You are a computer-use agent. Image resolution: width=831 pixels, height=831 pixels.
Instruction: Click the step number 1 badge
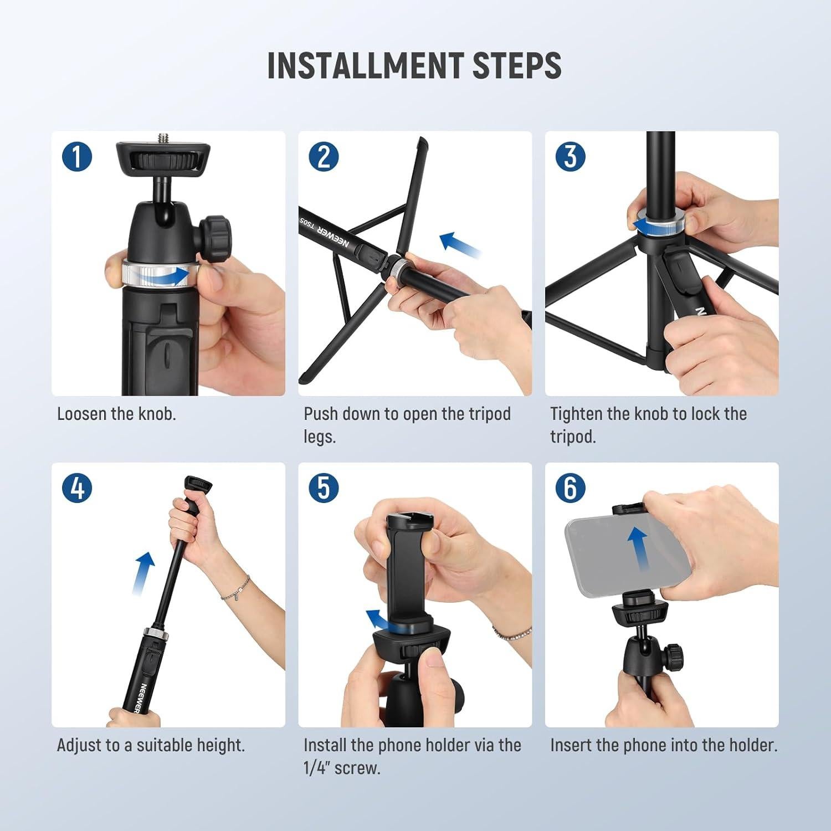[x=77, y=156]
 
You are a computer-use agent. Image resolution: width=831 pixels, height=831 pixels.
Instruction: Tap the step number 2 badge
[x=324, y=156]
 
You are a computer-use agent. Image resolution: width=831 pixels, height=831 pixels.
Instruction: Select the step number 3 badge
[x=570, y=156]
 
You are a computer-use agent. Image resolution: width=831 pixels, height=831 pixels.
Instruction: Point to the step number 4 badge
[x=77, y=488]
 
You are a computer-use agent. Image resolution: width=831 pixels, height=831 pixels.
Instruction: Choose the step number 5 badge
[x=324, y=488]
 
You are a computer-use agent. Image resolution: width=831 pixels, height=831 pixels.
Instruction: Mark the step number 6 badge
[x=570, y=488]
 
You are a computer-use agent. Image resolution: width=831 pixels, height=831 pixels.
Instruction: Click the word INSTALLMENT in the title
[x=365, y=65]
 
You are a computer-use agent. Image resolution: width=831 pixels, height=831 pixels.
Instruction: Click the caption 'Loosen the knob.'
[x=116, y=414]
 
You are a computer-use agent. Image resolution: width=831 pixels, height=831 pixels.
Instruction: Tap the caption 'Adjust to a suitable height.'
[x=151, y=745]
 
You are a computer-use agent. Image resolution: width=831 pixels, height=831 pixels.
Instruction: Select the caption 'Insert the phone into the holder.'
[x=664, y=745]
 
